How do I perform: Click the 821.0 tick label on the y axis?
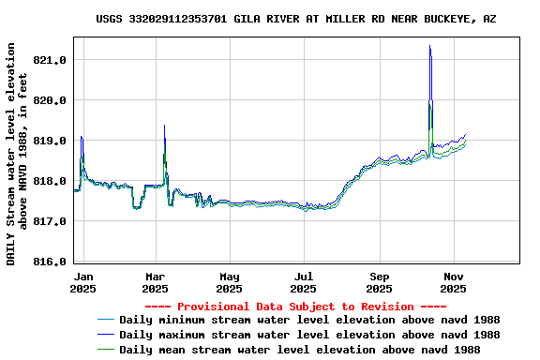coord(50,60)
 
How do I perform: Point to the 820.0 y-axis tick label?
coord(50,100)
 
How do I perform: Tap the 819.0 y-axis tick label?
coord(50,141)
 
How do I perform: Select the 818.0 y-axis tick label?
coord(50,181)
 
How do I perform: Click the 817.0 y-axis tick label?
coord(50,221)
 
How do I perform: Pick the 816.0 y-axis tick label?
coord(50,262)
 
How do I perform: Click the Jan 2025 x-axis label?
coord(83,282)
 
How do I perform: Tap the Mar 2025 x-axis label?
coord(156,282)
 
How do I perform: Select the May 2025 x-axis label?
coord(230,282)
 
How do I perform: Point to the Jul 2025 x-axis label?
coord(304,282)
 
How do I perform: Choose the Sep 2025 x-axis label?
coord(380,282)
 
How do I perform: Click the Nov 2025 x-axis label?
coord(454,282)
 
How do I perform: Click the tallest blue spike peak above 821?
coord(429,46)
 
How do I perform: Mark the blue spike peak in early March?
coord(164,126)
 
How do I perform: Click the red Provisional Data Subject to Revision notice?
coord(296,307)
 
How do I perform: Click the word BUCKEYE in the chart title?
coord(450,19)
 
